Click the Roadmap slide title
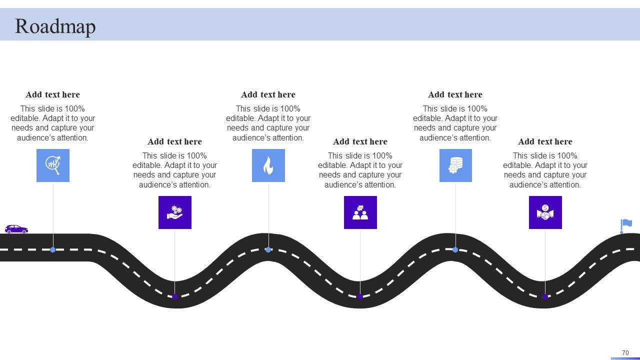(55, 26)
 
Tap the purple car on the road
(16, 229)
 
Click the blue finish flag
(626, 225)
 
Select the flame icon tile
(268, 165)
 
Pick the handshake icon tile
(545, 212)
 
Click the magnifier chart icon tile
(53, 165)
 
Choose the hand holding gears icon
(175, 212)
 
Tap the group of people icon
(360, 212)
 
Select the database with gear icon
(455, 165)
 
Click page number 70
(625, 353)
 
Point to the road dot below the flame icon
(268, 249)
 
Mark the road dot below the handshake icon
(545, 296)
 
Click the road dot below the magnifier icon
(53, 249)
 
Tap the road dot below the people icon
(360, 296)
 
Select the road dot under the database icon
(455, 249)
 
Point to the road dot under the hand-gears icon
(175, 296)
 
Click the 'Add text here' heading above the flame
(268, 94)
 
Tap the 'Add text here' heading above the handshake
(545, 141)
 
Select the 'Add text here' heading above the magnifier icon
(52, 94)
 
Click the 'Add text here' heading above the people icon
(360, 141)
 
